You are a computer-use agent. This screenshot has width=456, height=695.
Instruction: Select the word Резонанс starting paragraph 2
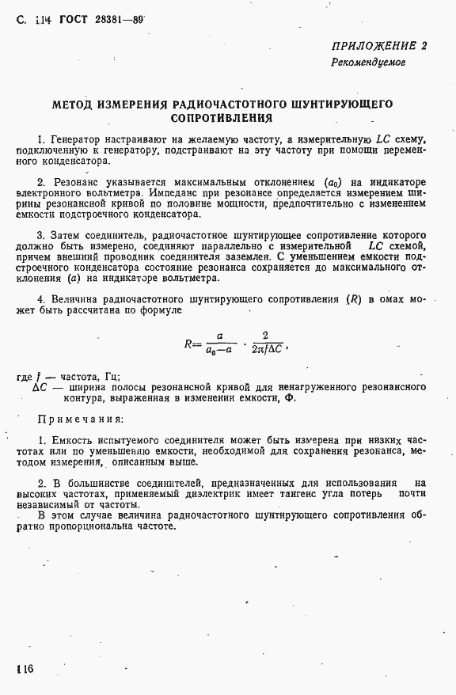pyautogui.click(x=74, y=181)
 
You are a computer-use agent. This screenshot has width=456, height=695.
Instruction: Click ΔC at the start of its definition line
pyautogui.click(x=42, y=387)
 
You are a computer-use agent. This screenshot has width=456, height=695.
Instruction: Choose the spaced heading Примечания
pyautogui.click(x=81, y=419)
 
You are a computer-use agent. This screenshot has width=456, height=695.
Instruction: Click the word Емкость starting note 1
pyautogui.click(x=74, y=439)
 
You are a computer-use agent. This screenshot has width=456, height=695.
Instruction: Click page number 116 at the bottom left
pyautogui.click(x=23, y=670)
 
